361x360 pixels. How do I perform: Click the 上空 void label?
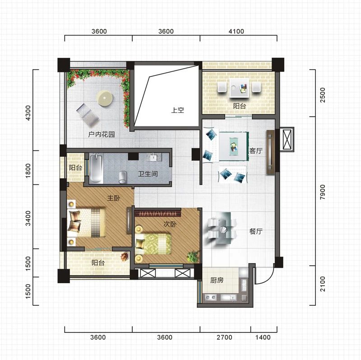pyautogui.click(x=177, y=110)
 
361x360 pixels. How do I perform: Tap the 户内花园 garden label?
pyautogui.click(x=101, y=134)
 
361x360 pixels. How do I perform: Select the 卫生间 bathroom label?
pyautogui.click(x=148, y=173)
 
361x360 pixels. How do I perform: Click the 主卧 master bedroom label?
pyautogui.click(x=114, y=198)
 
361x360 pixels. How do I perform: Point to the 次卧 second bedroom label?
pyautogui.click(x=170, y=224)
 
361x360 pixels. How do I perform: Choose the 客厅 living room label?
pyautogui.click(x=256, y=151)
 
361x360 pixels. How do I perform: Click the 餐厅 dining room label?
pyautogui.click(x=256, y=231)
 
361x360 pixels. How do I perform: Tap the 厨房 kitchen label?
pyautogui.click(x=217, y=280)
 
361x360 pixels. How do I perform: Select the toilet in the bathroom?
pyautogui.click(x=122, y=177)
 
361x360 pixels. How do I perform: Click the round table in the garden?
pyautogui.click(x=106, y=98)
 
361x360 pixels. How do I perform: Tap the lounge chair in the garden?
pyautogui.click(x=87, y=115)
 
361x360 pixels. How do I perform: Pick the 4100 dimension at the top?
pyautogui.click(x=236, y=31)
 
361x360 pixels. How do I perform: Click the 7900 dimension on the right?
pyautogui.click(x=323, y=192)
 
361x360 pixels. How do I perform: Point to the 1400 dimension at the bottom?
pyautogui.click(x=263, y=337)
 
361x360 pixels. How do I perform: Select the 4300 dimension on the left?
pyautogui.click(x=28, y=113)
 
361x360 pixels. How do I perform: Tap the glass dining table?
pyautogui.click(x=223, y=229)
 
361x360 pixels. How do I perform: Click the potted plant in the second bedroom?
pyautogui.click(x=193, y=256)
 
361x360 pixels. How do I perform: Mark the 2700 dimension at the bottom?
pyautogui.click(x=224, y=337)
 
